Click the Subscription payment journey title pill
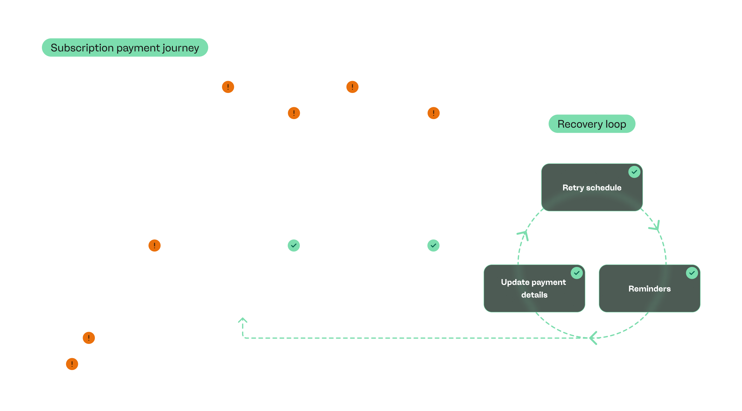tap(125, 48)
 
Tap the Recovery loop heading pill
tap(592, 124)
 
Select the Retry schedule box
tap(592, 188)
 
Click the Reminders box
tap(649, 289)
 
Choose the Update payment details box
tap(534, 289)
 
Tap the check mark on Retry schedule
tap(634, 172)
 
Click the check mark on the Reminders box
tap(692, 273)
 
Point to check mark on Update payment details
tap(576, 273)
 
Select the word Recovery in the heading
tap(580, 124)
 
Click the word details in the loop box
tap(534, 295)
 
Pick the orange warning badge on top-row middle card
tap(294, 113)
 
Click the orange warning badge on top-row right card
tap(433, 113)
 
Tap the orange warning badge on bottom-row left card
tap(154, 245)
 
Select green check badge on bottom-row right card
tap(433, 245)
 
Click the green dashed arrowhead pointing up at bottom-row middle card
tap(242, 320)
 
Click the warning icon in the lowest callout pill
tap(72, 364)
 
